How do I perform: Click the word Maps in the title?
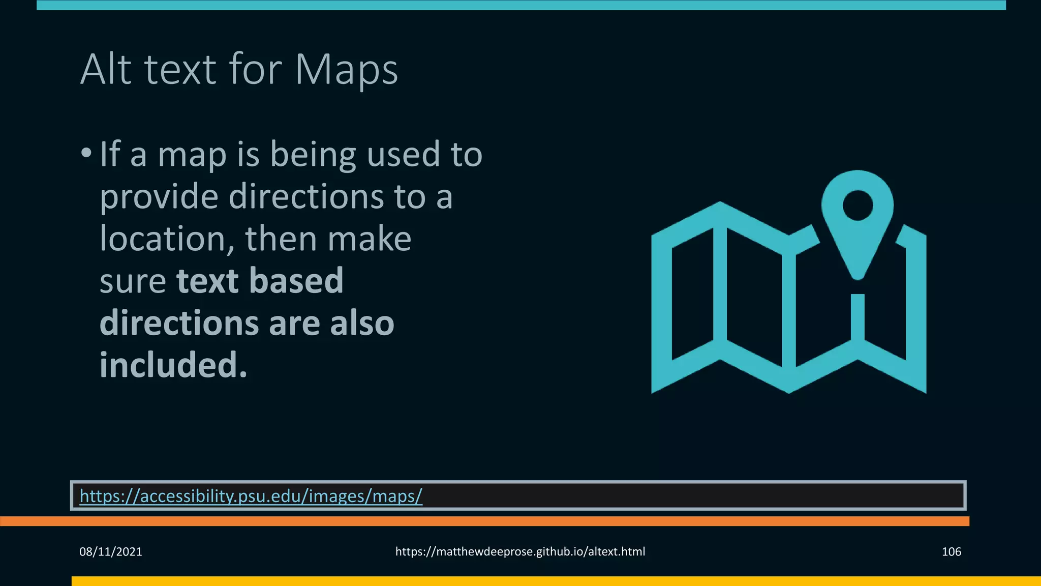(x=346, y=70)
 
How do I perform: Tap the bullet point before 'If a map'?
(x=86, y=153)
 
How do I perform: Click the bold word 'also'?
(x=361, y=323)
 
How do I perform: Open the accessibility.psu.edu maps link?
(x=251, y=495)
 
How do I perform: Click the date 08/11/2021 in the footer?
(x=111, y=551)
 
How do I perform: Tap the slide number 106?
(x=951, y=551)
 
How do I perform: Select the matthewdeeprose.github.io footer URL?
(x=520, y=551)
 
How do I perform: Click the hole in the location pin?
(x=858, y=206)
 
